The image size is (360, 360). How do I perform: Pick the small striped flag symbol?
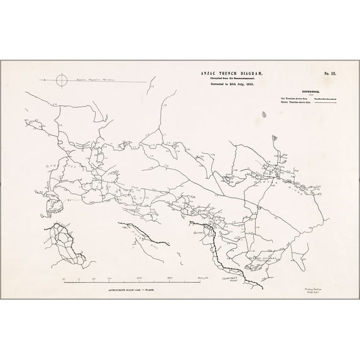(278, 136)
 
